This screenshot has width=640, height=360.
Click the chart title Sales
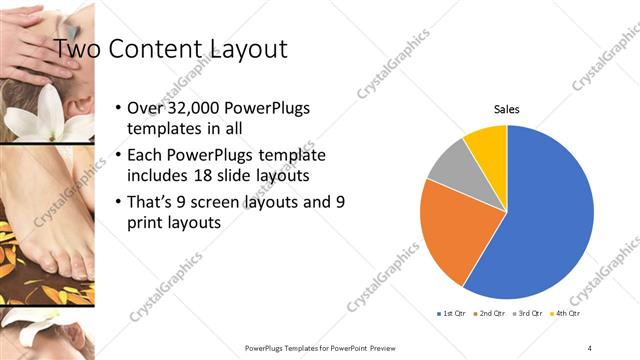pyautogui.click(x=507, y=109)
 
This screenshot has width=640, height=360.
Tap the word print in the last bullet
pyautogui.click(x=145, y=224)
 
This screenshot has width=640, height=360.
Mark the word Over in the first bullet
pyautogui.click(x=146, y=108)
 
